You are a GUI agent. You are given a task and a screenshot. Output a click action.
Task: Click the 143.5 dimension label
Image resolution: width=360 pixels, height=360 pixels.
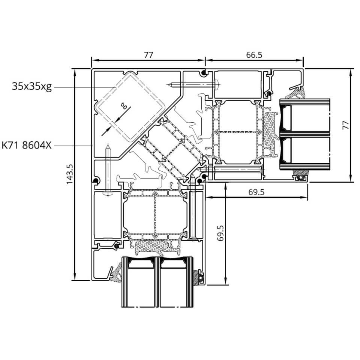(x=70, y=174)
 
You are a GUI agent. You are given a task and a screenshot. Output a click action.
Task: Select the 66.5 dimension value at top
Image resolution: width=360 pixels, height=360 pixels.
(x=254, y=55)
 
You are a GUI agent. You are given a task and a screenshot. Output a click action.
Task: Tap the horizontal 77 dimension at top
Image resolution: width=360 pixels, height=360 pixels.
(x=148, y=55)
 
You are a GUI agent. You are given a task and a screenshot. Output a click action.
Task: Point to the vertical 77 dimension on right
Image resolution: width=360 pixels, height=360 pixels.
(x=345, y=125)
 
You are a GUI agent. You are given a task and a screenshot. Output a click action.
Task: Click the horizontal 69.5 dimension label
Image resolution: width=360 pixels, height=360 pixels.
(x=256, y=192)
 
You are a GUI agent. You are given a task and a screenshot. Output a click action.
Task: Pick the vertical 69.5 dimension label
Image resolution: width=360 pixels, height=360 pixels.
(x=220, y=233)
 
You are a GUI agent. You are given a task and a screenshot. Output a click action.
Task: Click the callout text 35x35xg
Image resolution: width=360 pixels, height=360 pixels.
(x=31, y=87)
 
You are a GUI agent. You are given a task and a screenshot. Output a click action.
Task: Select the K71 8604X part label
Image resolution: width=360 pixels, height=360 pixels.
(x=27, y=145)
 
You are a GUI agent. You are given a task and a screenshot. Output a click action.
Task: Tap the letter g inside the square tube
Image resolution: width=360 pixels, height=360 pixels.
(x=124, y=106)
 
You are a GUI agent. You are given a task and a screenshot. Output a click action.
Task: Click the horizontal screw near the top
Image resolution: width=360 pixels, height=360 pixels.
(x=193, y=85)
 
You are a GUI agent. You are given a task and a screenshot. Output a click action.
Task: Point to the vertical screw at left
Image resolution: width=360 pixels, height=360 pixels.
(x=108, y=170)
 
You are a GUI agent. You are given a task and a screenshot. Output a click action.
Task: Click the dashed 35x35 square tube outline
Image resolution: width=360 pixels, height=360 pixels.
(x=130, y=106)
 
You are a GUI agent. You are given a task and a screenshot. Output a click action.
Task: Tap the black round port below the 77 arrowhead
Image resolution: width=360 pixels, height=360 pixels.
(x=203, y=73)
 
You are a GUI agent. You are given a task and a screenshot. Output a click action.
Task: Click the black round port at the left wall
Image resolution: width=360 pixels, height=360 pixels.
(x=95, y=181)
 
